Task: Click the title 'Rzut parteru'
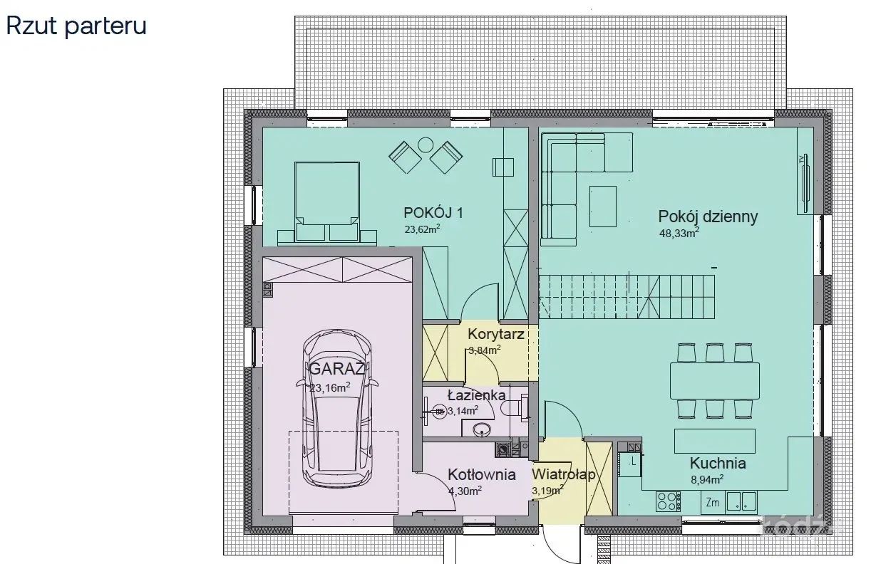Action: (76, 27)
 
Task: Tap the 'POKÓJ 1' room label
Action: (433, 213)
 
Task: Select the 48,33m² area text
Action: (679, 233)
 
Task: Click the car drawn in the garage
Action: (336, 408)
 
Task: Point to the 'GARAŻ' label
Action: (337, 369)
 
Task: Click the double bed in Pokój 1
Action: (327, 202)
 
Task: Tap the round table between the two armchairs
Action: (426, 145)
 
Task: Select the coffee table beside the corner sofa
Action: (603, 207)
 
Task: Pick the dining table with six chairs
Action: (715, 381)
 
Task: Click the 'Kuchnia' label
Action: (718, 464)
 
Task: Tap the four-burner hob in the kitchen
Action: (668, 501)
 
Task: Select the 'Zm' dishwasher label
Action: (712, 503)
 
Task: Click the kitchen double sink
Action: (741, 501)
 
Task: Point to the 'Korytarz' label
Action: (496, 334)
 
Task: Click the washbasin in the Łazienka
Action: (481, 429)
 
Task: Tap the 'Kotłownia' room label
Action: (482, 475)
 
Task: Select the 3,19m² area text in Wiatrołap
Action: (547, 490)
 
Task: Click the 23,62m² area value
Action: (422, 229)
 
